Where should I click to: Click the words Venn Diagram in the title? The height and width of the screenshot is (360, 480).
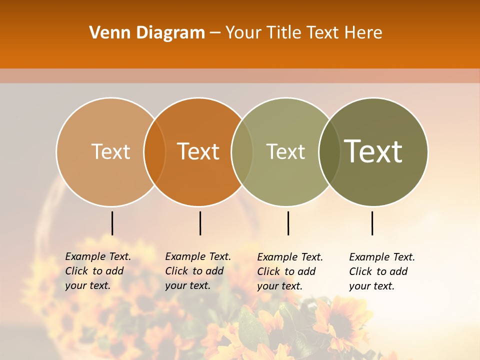[147, 33]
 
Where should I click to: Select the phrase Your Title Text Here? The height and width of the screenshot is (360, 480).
[303, 33]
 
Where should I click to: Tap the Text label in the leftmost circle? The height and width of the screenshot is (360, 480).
[110, 151]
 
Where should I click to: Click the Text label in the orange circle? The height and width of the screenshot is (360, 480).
[198, 151]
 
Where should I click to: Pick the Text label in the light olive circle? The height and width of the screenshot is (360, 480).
[285, 151]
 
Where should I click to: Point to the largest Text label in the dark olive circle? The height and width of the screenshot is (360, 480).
[373, 151]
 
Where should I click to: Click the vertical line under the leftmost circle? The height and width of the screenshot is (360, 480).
[112, 223]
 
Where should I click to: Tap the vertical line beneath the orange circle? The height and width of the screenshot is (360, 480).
[200, 223]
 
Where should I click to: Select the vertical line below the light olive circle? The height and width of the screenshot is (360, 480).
[288, 223]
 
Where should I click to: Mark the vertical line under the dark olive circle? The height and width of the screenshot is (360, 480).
[372, 223]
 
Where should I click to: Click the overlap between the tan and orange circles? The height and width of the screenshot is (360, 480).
[154, 151]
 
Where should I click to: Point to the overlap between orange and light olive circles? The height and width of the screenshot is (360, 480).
[242, 151]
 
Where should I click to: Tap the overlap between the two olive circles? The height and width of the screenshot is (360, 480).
[329, 151]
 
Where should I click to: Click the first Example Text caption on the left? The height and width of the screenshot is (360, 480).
[97, 271]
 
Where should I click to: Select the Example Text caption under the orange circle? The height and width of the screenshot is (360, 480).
[197, 271]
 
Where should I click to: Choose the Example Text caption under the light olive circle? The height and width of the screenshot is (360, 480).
[289, 271]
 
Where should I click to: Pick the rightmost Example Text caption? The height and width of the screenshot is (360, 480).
[381, 271]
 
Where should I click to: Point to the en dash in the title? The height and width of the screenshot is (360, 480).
[215, 33]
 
